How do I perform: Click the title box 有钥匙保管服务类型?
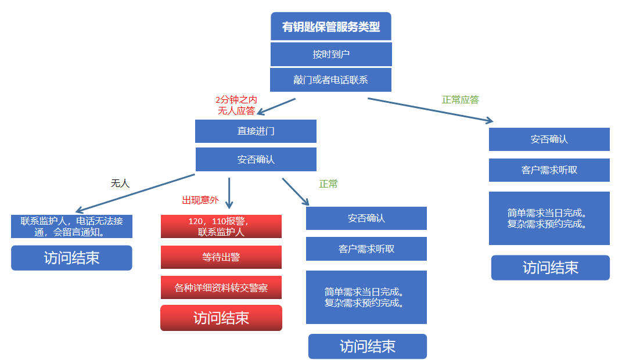(x=331, y=27)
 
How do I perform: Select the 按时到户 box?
(x=331, y=54)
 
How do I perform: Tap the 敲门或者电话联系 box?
(x=331, y=80)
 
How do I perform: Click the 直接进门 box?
(x=256, y=131)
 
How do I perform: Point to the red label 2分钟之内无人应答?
(x=236, y=105)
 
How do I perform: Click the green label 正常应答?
(x=461, y=99)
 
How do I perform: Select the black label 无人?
(x=120, y=183)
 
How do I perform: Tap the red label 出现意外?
(x=200, y=200)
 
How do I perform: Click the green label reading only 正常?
(x=328, y=184)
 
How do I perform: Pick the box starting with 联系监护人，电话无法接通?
(x=71, y=226)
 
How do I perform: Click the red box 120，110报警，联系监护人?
(x=221, y=226)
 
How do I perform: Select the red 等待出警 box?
(x=221, y=257)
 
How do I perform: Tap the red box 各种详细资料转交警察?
(x=221, y=287)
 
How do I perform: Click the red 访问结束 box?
(x=221, y=318)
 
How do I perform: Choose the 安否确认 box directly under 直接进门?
(x=256, y=159)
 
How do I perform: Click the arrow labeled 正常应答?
(x=430, y=110)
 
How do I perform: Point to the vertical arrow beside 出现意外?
(x=229, y=193)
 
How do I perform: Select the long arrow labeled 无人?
(x=135, y=192)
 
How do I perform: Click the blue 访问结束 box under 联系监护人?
(x=71, y=258)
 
